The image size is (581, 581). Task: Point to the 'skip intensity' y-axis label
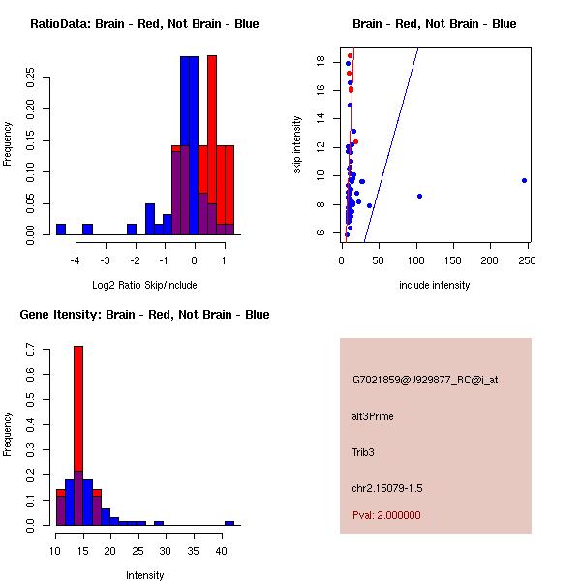pyautogui.click(x=298, y=145)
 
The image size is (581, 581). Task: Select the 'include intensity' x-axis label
pyautogui.click(x=435, y=285)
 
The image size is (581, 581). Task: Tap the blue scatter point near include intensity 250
pyautogui.click(x=524, y=180)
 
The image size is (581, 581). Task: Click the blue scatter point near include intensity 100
pyautogui.click(x=419, y=196)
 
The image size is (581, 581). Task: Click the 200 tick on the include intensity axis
pyautogui.click(x=491, y=260)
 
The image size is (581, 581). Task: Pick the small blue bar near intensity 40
pyautogui.click(x=229, y=523)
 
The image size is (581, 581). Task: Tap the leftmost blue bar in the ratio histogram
pyautogui.click(x=61, y=229)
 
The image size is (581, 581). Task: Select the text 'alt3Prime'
pyautogui.click(x=373, y=416)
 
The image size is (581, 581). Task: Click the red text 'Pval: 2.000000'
pyautogui.click(x=386, y=515)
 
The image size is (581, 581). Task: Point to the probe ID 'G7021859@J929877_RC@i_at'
pyautogui.click(x=425, y=381)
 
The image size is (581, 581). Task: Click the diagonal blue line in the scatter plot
pyautogui.click(x=391, y=145)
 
